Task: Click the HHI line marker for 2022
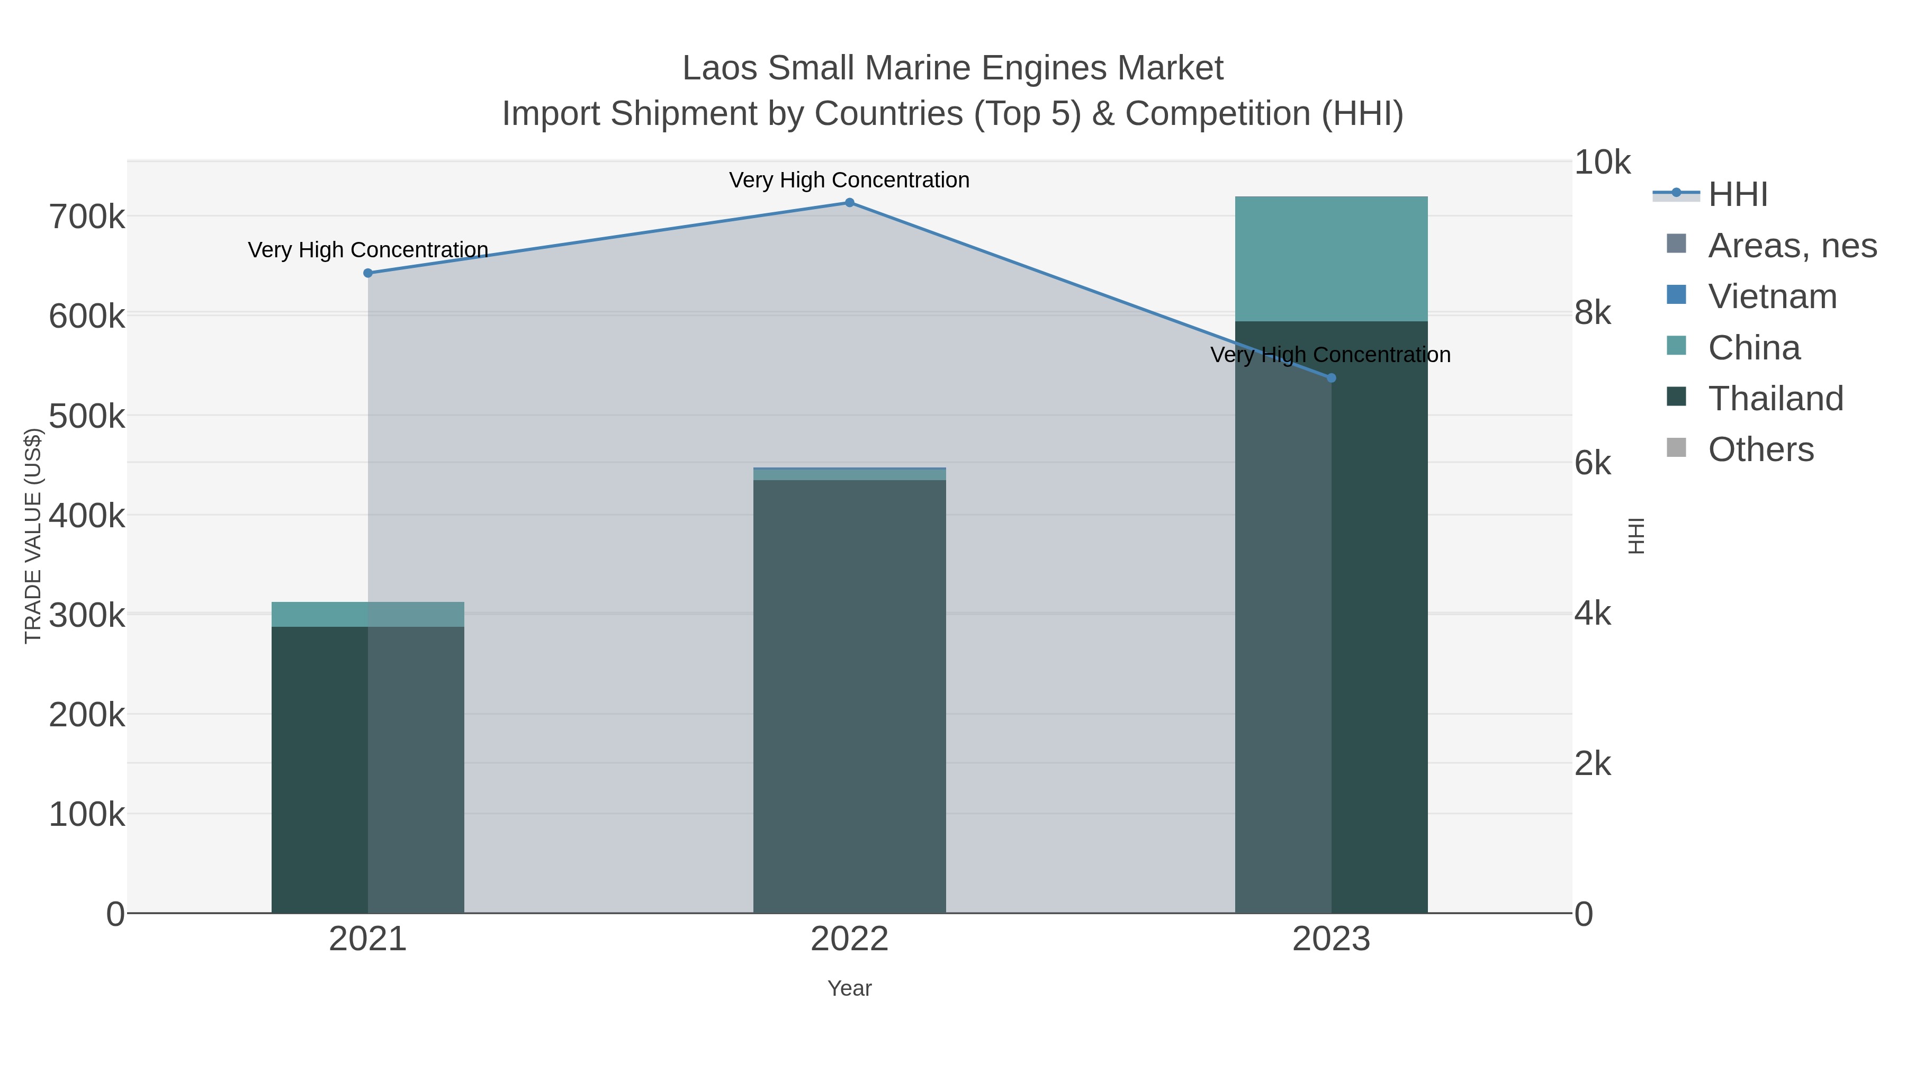click(x=849, y=203)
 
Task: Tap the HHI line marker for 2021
click(x=368, y=273)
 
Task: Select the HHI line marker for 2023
click(x=1331, y=378)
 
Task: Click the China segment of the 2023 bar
click(x=1331, y=259)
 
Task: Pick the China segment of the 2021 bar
click(x=368, y=615)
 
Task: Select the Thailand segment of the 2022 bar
click(x=849, y=696)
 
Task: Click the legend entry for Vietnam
click(x=1772, y=296)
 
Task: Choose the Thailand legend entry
click(x=1775, y=399)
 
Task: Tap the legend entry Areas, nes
click(x=1791, y=246)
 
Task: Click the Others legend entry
click(x=1760, y=450)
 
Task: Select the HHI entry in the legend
click(x=1737, y=195)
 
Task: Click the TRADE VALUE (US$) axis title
click(x=33, y=536)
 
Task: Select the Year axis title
click(x=849, y=988)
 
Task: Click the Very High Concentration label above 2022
click(x=849, y=181)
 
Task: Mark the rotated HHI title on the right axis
click(x=1636, y=536)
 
